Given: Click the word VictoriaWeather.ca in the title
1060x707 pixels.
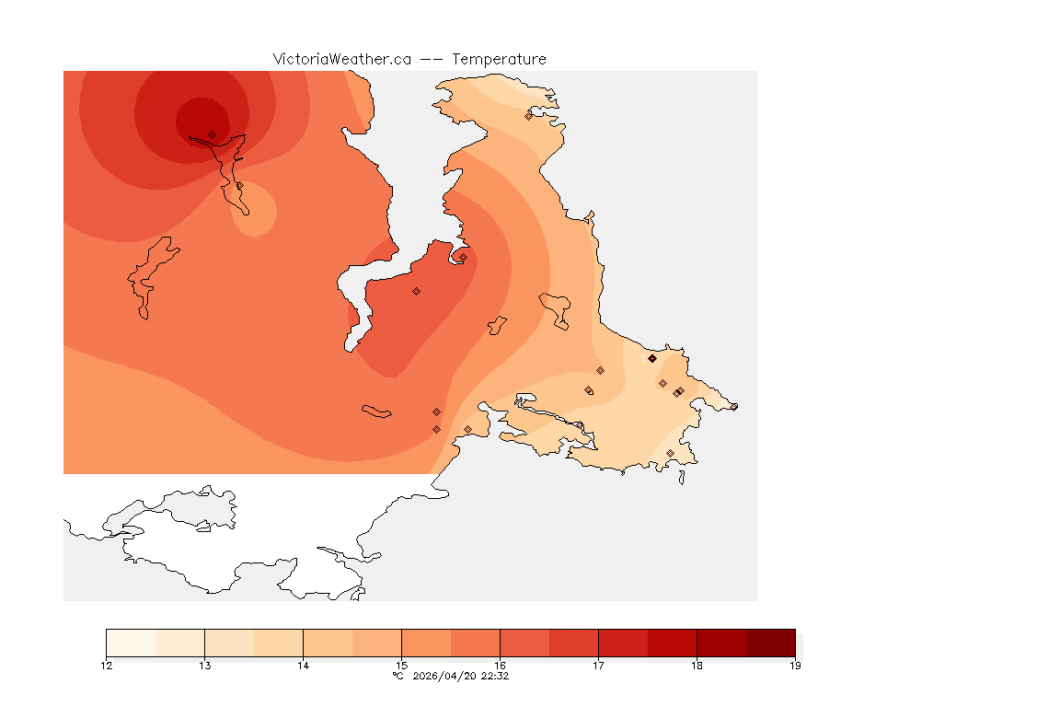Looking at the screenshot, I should [x=341, y=59].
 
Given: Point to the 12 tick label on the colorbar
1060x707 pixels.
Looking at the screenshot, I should [x=107, y=666].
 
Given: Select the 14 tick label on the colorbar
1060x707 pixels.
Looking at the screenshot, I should [x=303, y=666].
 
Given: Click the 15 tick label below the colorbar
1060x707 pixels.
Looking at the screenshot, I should [x=401, y=666].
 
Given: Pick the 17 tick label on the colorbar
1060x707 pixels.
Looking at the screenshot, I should [x=598, y=666].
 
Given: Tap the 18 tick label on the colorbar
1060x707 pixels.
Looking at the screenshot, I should [x=697, y=666].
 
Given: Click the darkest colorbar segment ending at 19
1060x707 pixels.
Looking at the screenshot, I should [x=770, y=643].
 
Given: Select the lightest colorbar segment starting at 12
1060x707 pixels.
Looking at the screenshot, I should [x=131, y=643].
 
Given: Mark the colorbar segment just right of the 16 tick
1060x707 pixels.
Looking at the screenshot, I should [x=524, y=643].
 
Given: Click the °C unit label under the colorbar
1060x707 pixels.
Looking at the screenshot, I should [x=397, y=676].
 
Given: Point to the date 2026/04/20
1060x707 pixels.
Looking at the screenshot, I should [x=441, y=676].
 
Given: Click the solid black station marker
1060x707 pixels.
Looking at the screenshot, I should [x=651, y=358].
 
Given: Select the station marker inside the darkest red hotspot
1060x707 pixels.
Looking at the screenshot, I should [x=212, y=134].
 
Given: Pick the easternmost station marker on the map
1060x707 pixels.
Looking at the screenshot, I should [x=733, y=407].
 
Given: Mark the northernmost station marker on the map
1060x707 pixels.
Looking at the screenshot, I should [x=528, y=116].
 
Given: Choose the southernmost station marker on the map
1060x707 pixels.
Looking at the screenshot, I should [x=670, y=453].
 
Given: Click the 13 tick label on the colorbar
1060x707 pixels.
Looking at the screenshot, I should [x=204, y=666].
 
